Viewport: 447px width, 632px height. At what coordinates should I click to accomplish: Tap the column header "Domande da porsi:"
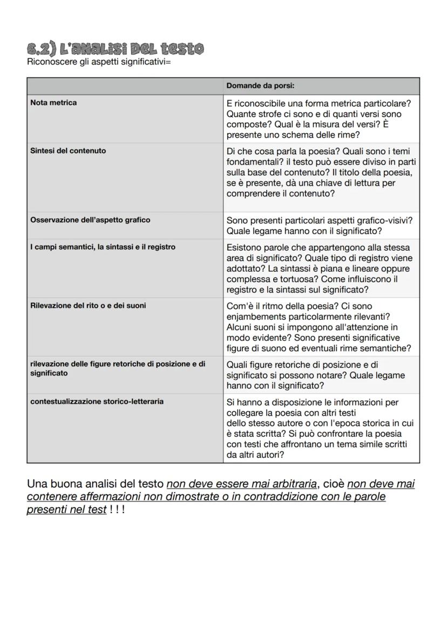[x=260, y=86]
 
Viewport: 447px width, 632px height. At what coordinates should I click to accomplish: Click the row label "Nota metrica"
[x=53, y=103]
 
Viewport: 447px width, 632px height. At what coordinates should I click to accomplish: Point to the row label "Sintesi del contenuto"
[x=68, y=151]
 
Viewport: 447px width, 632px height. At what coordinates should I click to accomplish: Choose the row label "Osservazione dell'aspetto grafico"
[x=90, y=220]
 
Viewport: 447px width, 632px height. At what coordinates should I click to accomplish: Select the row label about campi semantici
[x=103, y=247]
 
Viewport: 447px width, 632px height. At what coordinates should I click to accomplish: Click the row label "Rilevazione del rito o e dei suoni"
[x=88, y=305]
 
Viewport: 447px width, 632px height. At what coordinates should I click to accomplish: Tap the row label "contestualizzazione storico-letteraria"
[x=97, y=402]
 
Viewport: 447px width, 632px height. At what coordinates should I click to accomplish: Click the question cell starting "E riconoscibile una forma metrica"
[x=321, y=119]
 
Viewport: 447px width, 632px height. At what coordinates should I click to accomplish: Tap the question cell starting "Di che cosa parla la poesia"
[x=321, y=172]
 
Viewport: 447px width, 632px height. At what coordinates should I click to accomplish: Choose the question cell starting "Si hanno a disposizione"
[x=321, y=428]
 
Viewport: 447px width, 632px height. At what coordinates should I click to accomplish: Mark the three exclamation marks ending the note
[x=117, y=509]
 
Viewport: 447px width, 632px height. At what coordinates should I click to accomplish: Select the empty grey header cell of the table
[x=125, y=86]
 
